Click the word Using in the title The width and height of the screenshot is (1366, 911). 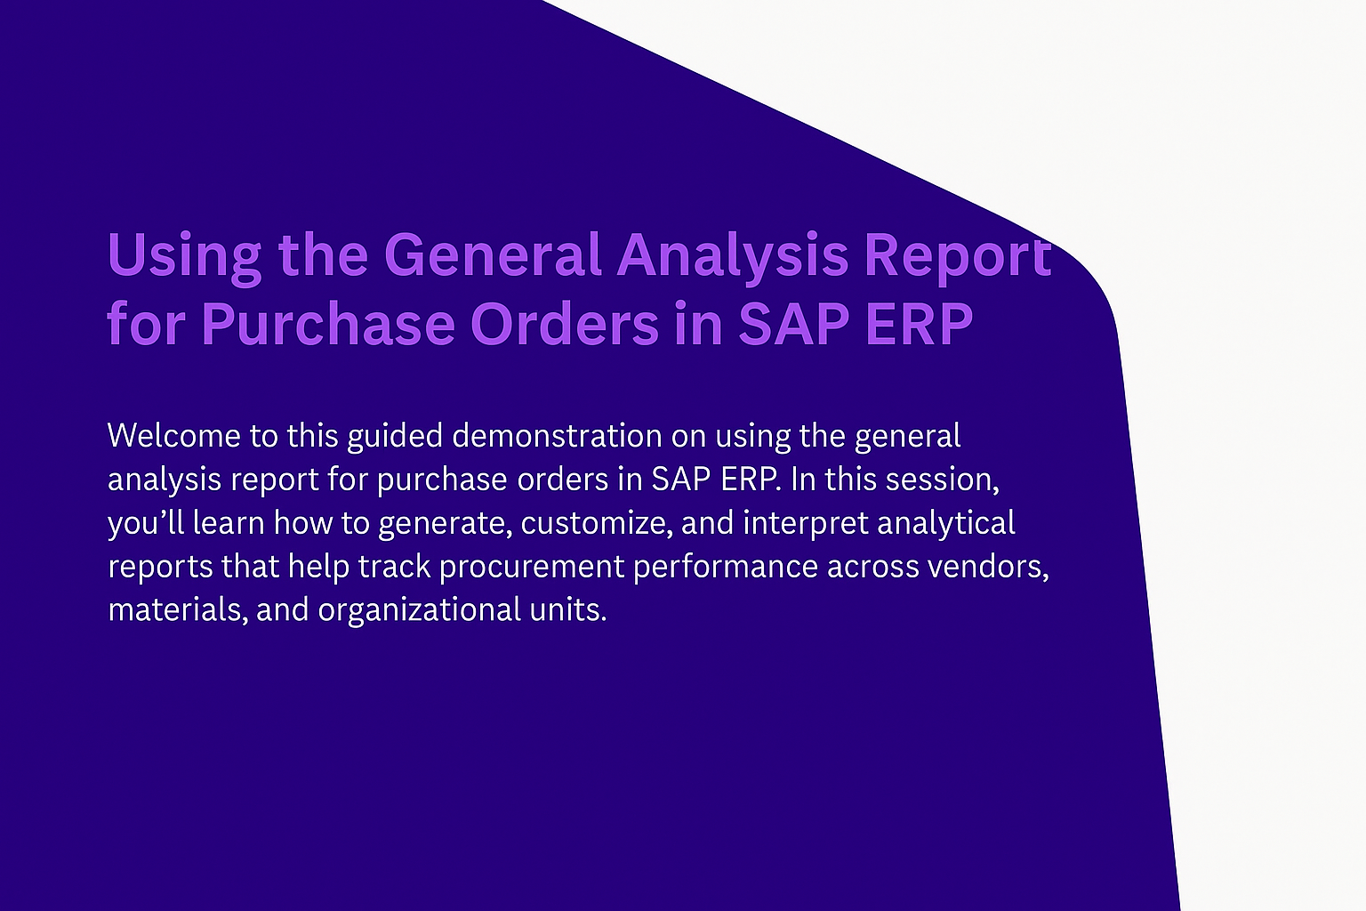[x=185, y=257]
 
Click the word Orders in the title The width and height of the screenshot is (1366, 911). [x=565, y=323]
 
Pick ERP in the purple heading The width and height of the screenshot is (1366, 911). [x=919, y=324]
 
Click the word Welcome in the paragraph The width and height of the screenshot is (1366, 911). [x=173, y=436]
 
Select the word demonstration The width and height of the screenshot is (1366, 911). [x=557, y=436]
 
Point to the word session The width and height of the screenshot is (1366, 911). [x=942, y=480]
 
